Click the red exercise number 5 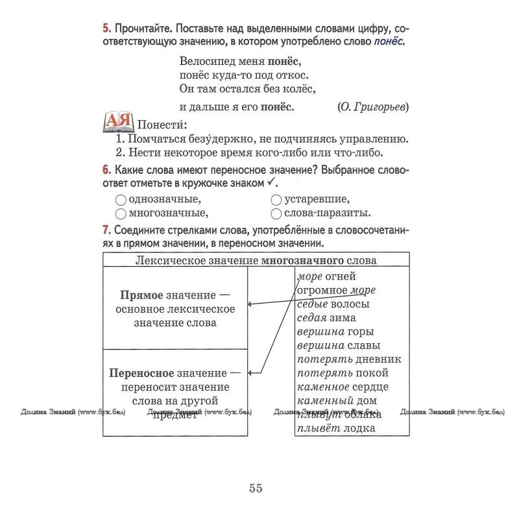tap(106, 29)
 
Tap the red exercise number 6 tap(106, 171)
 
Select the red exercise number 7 tap(106, 231)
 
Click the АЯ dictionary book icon tap(118, 121)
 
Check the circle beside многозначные tap(120, 213)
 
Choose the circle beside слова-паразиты tap(276, 213)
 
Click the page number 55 tap(256, 489)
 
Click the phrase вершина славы tap(339, 345)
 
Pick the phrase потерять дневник tap(349, 359)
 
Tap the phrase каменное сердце tap(343, 387)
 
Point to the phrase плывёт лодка tap(336, 428)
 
